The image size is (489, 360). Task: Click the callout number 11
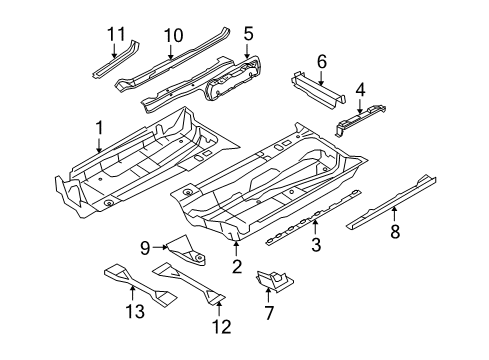[116, 34]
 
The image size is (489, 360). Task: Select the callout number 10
[173, 35]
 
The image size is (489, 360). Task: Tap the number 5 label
[248, 34]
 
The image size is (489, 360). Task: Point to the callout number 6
[322, 62]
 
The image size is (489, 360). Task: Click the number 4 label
[360, 89]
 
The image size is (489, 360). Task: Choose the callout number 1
[99, 128]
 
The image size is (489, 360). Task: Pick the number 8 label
[395, 231]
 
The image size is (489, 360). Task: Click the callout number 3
[316, 244]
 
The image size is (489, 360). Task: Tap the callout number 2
[237, 266]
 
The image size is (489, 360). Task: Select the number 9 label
[145, 248]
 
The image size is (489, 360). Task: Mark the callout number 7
[269, 313]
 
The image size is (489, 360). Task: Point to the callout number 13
[135, 312]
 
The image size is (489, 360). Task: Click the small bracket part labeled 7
[274, 281]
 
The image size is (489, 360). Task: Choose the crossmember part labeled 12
[189, 282]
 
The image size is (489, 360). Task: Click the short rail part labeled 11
[116, 60]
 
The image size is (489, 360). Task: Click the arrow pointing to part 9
[160, 247]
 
